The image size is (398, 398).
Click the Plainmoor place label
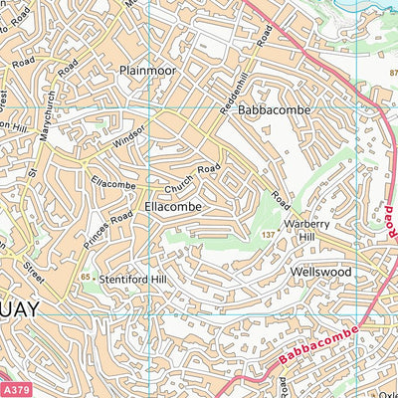pyautogui.click(x=146, y=71)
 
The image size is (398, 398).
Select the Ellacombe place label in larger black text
pyautogui.click(x=173, y=206)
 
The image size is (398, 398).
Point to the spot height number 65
pyautogui.click(x=86, y=276)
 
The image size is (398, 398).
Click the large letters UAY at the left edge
pyautogui.click(x=20, y=309)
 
